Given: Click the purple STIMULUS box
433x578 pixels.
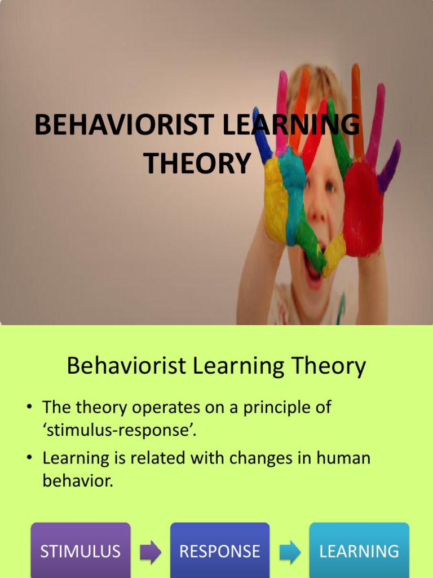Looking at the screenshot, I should pos(80,550).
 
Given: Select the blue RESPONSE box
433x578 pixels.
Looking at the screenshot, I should pos(220,550).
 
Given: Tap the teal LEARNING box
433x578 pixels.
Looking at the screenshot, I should pos(359,550).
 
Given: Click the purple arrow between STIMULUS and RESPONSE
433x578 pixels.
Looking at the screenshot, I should pos(150,552).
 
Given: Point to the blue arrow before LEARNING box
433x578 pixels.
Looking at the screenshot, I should pos(290,552).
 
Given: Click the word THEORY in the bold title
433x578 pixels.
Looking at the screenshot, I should pos(197,164).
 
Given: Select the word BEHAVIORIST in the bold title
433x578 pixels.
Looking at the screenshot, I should pos(125,125).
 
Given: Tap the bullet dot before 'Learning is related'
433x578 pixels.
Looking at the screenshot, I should pos(32,458).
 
